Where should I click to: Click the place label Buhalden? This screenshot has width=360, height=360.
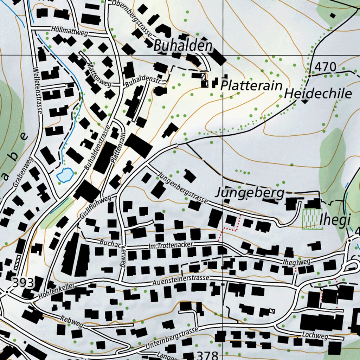(x=183, y=46)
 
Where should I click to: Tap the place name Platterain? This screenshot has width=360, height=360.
(x=251, y=85)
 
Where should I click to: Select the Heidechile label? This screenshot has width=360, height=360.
(x=318, y=94)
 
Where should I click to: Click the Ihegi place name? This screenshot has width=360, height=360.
(x=335, y=220)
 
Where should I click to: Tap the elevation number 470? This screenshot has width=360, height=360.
(x=325, y=66)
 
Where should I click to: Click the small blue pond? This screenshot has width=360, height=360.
(x=65, y=174)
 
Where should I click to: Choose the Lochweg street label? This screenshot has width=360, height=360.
(x=315, y=335)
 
